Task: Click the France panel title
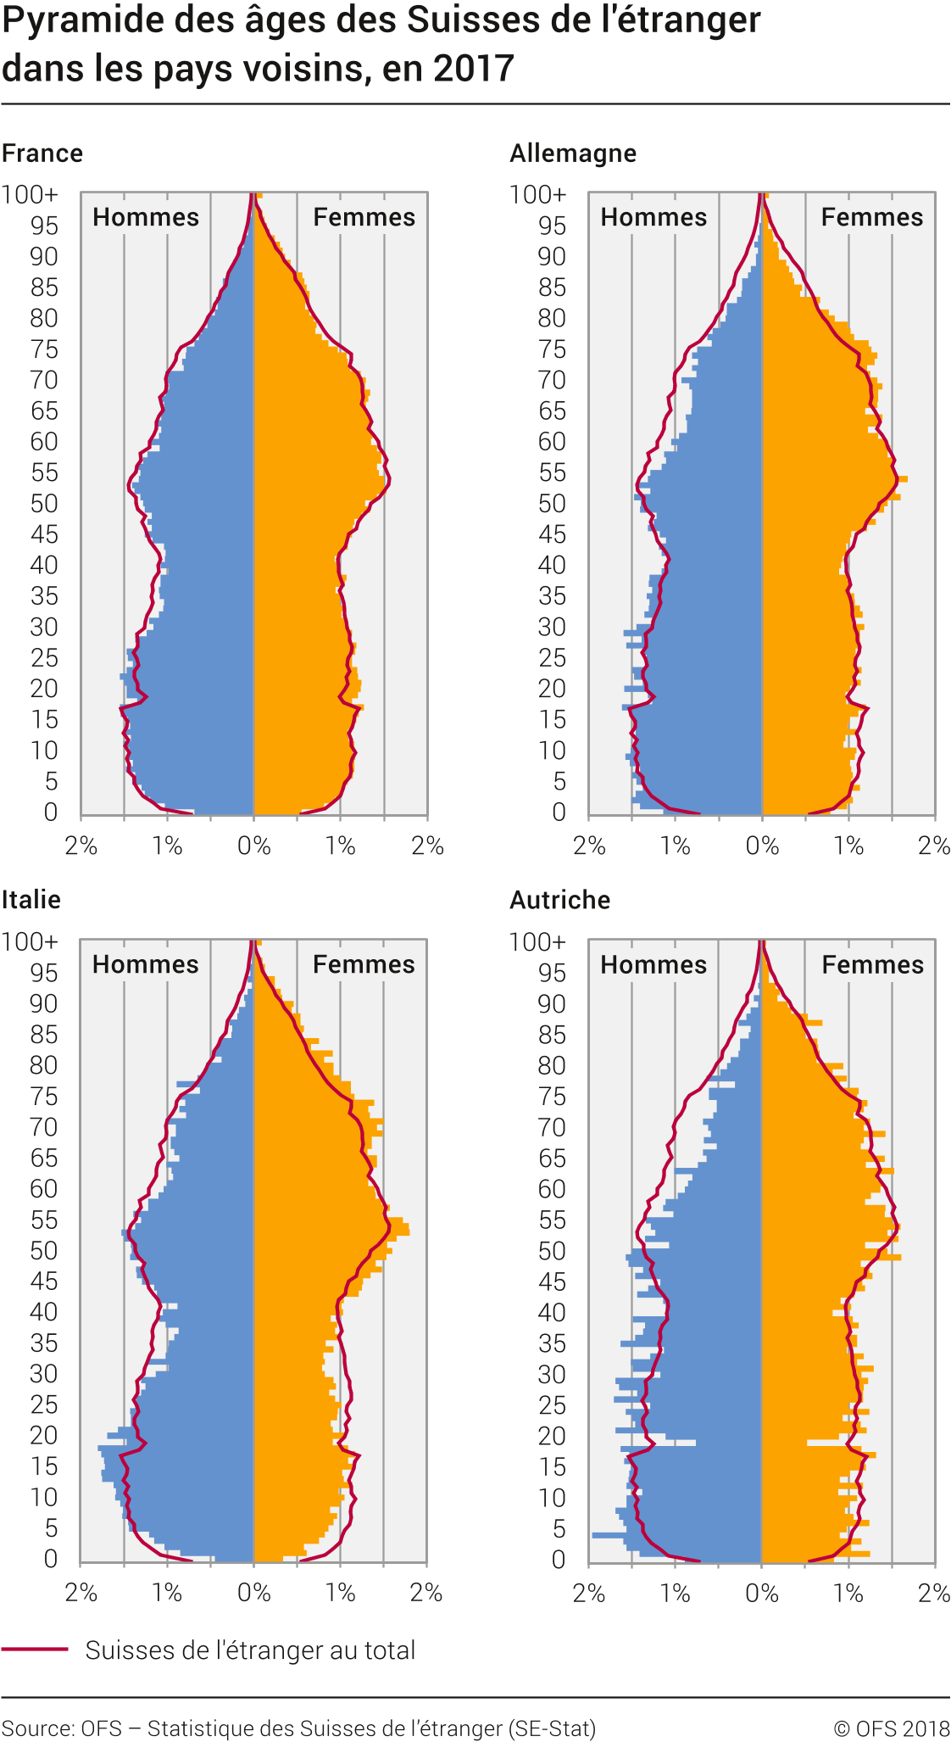42,154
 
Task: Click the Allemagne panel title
573,154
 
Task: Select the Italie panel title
31,899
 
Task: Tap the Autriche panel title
559,899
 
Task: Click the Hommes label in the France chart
146,217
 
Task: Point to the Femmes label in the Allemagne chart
872,217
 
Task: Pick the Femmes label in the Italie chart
364,964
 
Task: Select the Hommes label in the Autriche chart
653,964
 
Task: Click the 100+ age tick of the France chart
31,195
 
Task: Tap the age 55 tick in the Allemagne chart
552,472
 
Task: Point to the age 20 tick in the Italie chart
44,1435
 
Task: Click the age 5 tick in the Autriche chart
559,1528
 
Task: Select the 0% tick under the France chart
253,846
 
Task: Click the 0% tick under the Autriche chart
762,1593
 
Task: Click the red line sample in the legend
35,1650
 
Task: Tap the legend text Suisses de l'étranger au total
250,1650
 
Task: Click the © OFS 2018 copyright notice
891,1728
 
